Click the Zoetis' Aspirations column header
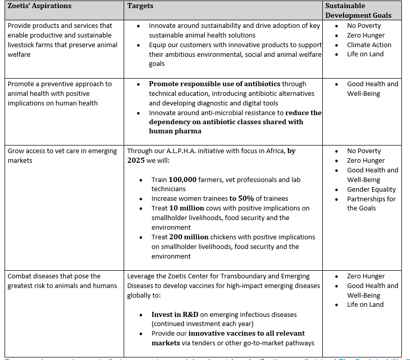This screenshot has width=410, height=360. pyautogui.click(x=40, y=6)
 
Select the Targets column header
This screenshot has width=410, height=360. pyautogui.click(x=140, y=6)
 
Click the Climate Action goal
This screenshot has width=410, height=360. pyautogui.click(x=369, y=45)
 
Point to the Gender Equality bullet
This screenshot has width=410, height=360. pyautogui.click(x=371, y=189)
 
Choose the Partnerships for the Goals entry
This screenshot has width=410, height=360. pyautogui.click(x=371, y=203)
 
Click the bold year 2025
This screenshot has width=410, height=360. pyautogui.click(x=136, y=160)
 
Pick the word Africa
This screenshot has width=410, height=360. pyautogui.click(x=273, y=151)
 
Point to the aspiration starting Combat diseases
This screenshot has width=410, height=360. pyautogui.click(x=54, y=280)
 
